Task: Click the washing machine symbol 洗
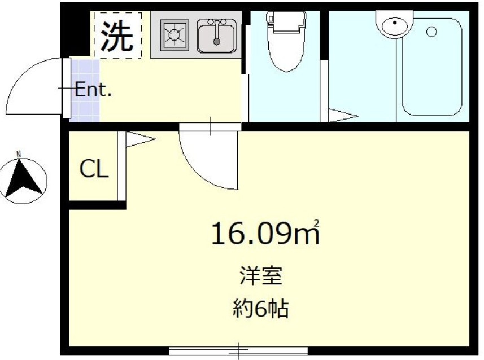pyautogui.click(x=117, y=35)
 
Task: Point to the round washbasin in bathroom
pyautogui.click(x=394, y=25)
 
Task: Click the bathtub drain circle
pyautogui.click(x=431, y=32)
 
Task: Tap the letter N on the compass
pyautogui.click(x=19, y=154)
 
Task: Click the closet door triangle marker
pyautogui.click(x=139, y=139)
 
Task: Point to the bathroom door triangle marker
pyautogui.click(x=342, y=117)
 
